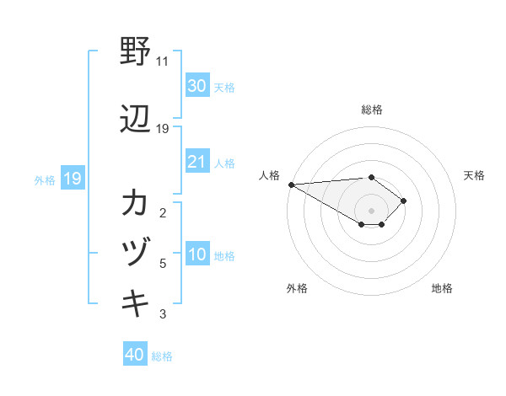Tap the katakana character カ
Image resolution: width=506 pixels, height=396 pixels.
pos(135,203)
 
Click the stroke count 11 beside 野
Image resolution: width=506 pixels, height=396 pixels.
pos(162,62)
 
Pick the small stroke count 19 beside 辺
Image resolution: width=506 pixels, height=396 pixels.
pos(163,128)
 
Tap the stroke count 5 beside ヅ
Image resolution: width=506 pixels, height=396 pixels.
pos(163,264)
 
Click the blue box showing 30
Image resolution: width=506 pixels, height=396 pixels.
pos(196,85)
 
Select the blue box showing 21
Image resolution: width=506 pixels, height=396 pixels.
pos(196,162)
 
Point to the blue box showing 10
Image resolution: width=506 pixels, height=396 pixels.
pos(196,254)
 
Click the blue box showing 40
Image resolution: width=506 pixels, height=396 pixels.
pos(134,355)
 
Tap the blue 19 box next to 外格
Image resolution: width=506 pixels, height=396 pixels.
pos(73,178)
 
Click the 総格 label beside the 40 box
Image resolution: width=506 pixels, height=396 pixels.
pos(162,356)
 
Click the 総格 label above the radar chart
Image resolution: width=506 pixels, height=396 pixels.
pos(371,110)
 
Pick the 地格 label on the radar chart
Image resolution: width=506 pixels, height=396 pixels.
pos(442,288)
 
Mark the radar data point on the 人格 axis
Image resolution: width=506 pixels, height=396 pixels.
pos(291,185)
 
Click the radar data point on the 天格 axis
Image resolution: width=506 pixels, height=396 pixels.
pos(404,201)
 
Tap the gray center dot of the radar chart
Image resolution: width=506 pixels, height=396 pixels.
pos(371,210)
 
